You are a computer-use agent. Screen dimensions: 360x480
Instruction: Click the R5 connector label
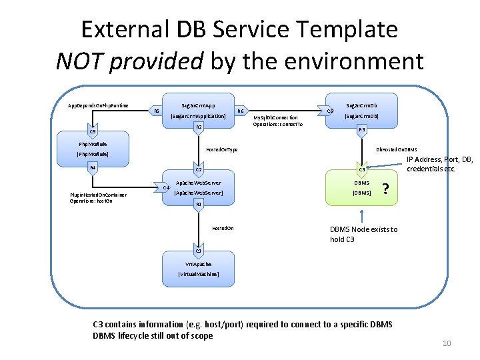(x=157, y=111)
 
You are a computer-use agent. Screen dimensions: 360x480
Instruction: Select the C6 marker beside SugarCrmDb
(x=330, y=111)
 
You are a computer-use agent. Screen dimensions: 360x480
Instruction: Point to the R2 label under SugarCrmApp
(x=198, y=127)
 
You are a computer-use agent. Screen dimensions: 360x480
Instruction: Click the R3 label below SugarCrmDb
(x=362, y=129)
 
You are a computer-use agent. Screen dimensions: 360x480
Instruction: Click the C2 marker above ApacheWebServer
(x=198, y=170)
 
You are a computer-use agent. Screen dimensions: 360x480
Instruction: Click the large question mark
(x=386, y=189)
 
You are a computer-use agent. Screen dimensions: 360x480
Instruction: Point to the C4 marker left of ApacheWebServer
(x=167, y=187)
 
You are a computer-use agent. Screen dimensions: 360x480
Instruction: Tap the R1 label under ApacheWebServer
(x=198, y=204)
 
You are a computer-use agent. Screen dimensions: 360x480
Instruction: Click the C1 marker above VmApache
(x=198, y=251)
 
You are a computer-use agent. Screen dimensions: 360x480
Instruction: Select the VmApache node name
(x=198, y=264)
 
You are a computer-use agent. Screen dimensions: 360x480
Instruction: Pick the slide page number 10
(x=447, y=343)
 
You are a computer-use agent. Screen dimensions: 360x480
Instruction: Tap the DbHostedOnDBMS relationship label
(x=397, y=149)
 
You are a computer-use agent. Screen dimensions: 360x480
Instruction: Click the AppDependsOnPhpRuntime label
(x=98, y=105)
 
